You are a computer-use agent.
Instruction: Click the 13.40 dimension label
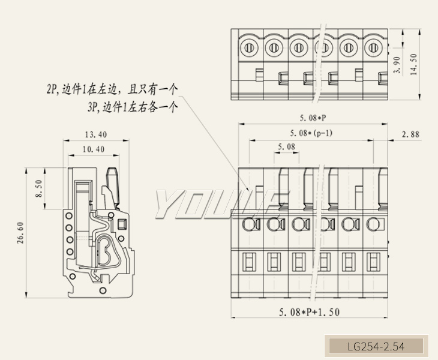(x=96, y=134)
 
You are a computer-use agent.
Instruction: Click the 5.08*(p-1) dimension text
(x=311, y=133)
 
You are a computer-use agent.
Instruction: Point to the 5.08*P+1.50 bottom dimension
(x=310, y=312)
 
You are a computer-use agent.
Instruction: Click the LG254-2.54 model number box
(x=376, y=346)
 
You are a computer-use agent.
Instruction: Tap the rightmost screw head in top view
(x=373, y=47)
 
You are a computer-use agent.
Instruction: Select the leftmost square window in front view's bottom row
(x=247, y=262)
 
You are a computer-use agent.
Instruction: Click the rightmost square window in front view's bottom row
(x=372, y=262)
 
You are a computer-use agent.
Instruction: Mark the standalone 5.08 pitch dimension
(x=287, y=148)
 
